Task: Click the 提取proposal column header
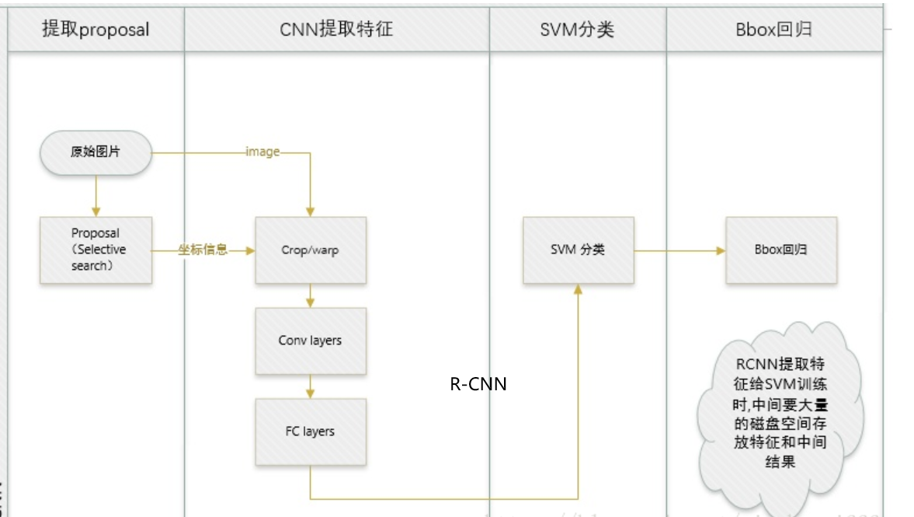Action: pyautogui.click(x=96, y=30)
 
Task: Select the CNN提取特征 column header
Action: pyautogui.click(x=336, y=30)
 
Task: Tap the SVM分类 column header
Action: pyautogui.click(x=577, y=30)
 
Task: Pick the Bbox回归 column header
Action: pyautogui.click(x=773, y=30)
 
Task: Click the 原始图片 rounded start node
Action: pyautogui.click(x=96, y=152)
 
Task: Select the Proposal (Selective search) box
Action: pyautogui.click(x=96, y=250)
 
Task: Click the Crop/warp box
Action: pyautogui.click(x=311, y=250)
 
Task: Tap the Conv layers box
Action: pyautogui.click(x=311, y=341)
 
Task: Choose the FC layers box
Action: pyautogui.click(x=311, y=431)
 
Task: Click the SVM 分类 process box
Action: pyautogui.click(x=578, y=250)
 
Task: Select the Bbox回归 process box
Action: pyautogui.click(x=780, y=250)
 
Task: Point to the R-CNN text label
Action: pyautogui.click(x=478, y=383)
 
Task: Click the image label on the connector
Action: pyautogui.click(x=262, y=152)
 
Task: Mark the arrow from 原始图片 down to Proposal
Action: pyautogui.click(x=96, y=195)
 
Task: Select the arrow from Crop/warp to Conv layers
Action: pyautogui.click(x=311, y=295)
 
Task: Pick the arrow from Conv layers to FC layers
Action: pyautogui.click(x=311, y=386)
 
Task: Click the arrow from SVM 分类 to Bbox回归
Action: pyautogui.click(x=679, y=250)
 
